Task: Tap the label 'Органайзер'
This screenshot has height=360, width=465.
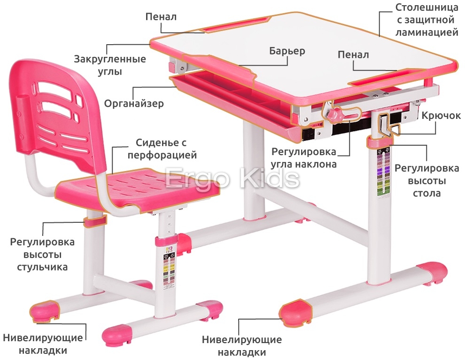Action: (x=134, y=104)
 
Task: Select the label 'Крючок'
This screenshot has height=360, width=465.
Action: (x=441, y=116)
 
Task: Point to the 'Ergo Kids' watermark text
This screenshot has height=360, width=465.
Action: (x=233, y=179)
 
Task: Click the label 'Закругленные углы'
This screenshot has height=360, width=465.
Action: (x=110, y=65)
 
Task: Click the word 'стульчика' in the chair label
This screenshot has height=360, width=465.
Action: (x=42, y=267)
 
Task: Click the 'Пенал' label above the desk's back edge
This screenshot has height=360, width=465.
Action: (x=161, y=17)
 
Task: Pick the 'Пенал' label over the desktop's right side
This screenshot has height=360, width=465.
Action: (x=353, y=55)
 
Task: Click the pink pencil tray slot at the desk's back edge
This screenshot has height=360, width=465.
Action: (x=236, y=25)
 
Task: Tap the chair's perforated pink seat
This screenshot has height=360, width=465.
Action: (x=141, y=188)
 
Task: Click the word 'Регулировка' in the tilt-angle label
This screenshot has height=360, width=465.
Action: (x=304, y=152)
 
